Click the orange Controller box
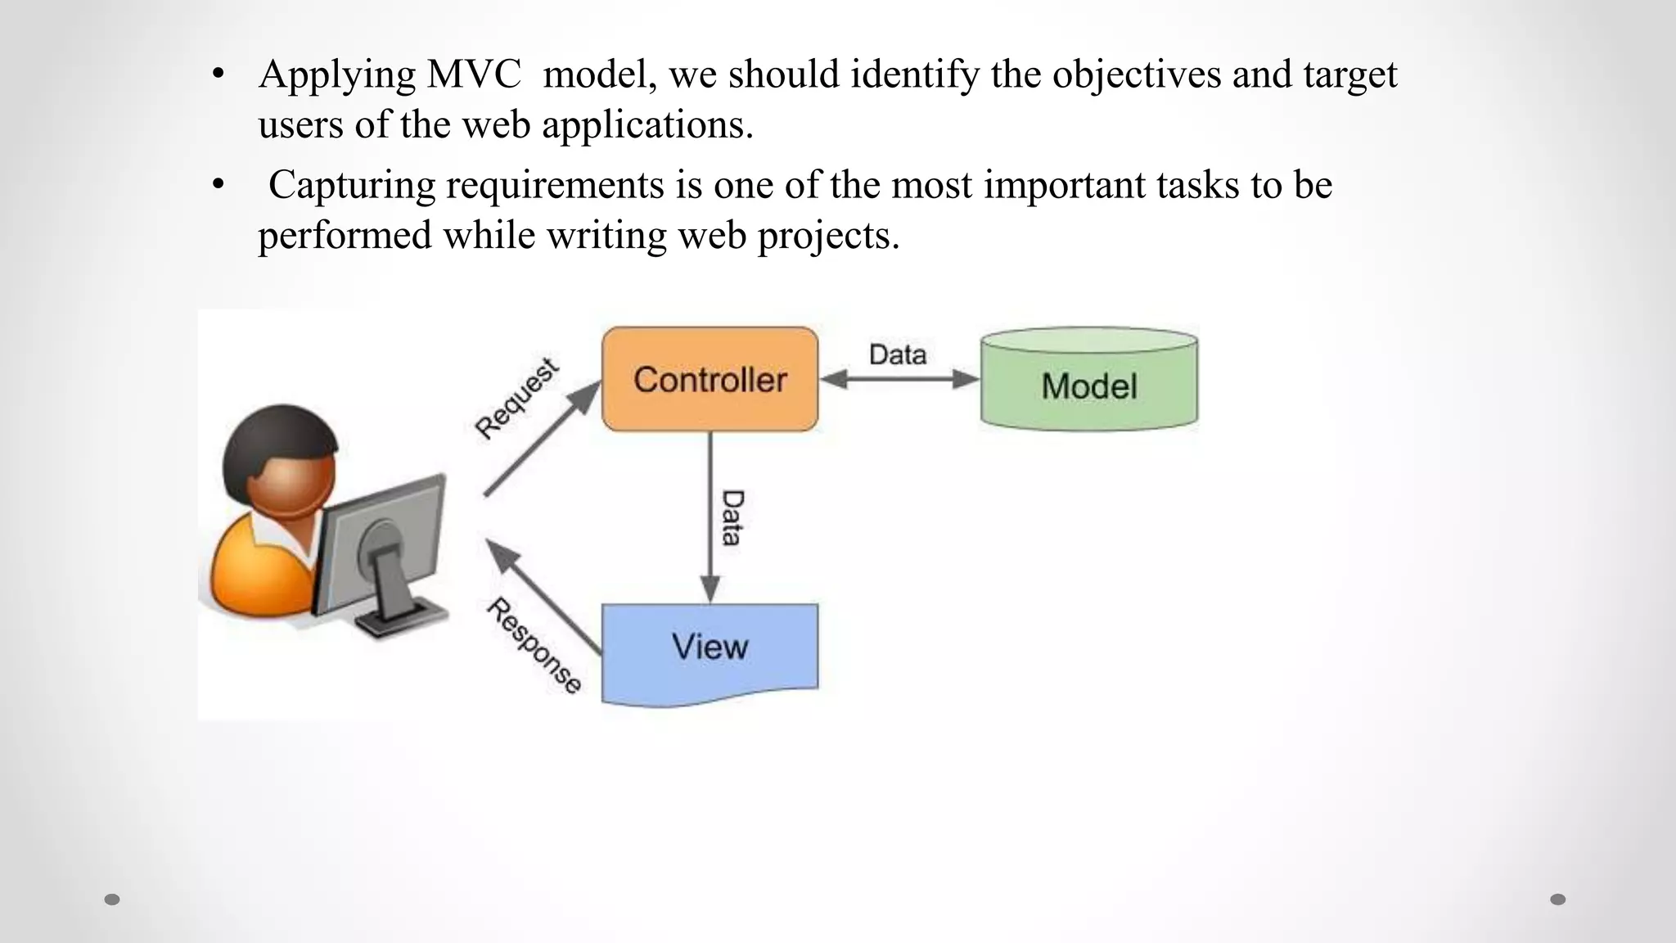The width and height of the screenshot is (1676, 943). (x=710, y=379)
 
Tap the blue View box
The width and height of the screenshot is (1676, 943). (x=710, y=652)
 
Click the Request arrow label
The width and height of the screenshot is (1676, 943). (x=517, y=399)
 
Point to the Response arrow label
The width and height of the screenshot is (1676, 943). (x=534, y=646)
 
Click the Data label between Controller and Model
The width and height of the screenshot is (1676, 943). (x=898, y=354)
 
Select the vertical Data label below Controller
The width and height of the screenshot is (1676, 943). (x=732, y=517)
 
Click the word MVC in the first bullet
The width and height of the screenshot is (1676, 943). (x=473, y=74)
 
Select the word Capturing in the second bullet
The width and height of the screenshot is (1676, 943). (x=352, y=185)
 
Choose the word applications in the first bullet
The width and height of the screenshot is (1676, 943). (x=647, y=125)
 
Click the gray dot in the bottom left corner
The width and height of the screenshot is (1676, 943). (x=112, y=900)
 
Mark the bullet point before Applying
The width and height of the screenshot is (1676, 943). (x=217, y=75)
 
